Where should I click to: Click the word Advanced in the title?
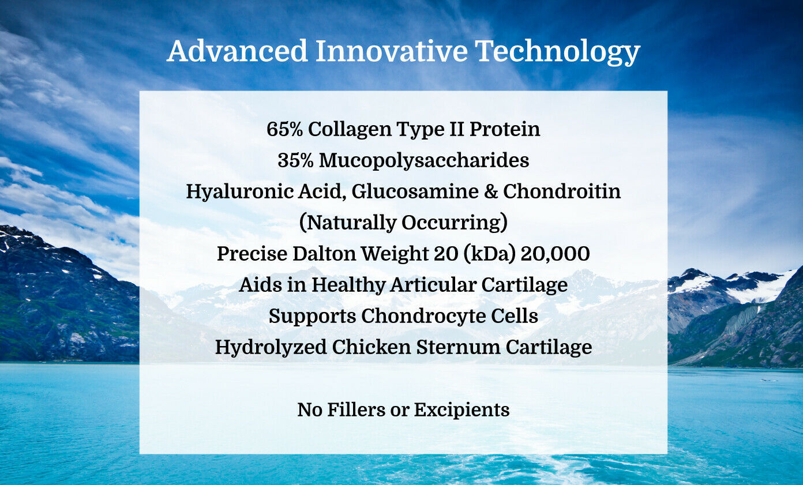(x=237, y=51)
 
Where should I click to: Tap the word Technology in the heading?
(x=557, y=51)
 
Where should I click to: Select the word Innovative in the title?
(x=391, y=51)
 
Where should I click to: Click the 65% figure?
(x=285, y=129)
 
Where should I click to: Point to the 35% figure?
(x=296, y=160)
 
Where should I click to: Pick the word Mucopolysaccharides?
(x=424, y=160)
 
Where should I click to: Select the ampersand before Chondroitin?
(x=491, y=191)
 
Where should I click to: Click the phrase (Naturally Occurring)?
(x=403, y=223)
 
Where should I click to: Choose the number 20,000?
(x=555, y=254)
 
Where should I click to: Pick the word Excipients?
(x=461, y=409)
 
